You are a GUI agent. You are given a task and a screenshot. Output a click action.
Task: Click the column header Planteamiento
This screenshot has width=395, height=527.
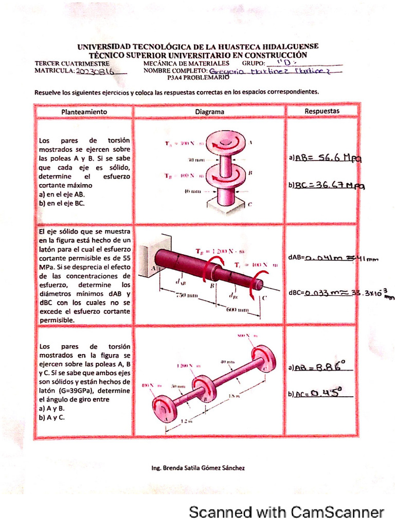[x=84, y=111]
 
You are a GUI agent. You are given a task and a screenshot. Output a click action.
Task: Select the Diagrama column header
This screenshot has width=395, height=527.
[x=209, y=111]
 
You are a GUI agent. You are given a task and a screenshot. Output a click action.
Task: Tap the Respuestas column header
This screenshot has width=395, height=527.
[x=322, y=111]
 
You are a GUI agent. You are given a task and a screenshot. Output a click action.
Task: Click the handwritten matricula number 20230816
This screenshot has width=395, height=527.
[x=95, y=73]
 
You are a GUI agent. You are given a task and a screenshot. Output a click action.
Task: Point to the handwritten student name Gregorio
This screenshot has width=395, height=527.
[x=226, y=72]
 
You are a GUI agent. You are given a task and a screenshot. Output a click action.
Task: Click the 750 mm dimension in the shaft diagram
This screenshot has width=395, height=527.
[x=187, y=295]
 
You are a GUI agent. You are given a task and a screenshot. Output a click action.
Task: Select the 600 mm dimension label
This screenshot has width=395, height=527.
[x=238, y=310]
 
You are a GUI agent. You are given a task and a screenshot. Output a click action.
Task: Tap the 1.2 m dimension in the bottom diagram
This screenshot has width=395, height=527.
[x=186, y=421]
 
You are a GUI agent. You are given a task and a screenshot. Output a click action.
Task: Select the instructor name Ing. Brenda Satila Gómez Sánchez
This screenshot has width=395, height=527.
[x=197, y=468]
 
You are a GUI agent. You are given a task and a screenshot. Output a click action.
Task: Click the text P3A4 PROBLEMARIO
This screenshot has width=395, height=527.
[x=197, y=78]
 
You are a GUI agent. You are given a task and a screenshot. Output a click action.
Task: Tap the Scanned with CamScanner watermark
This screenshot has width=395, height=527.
[x=286, y=512]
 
